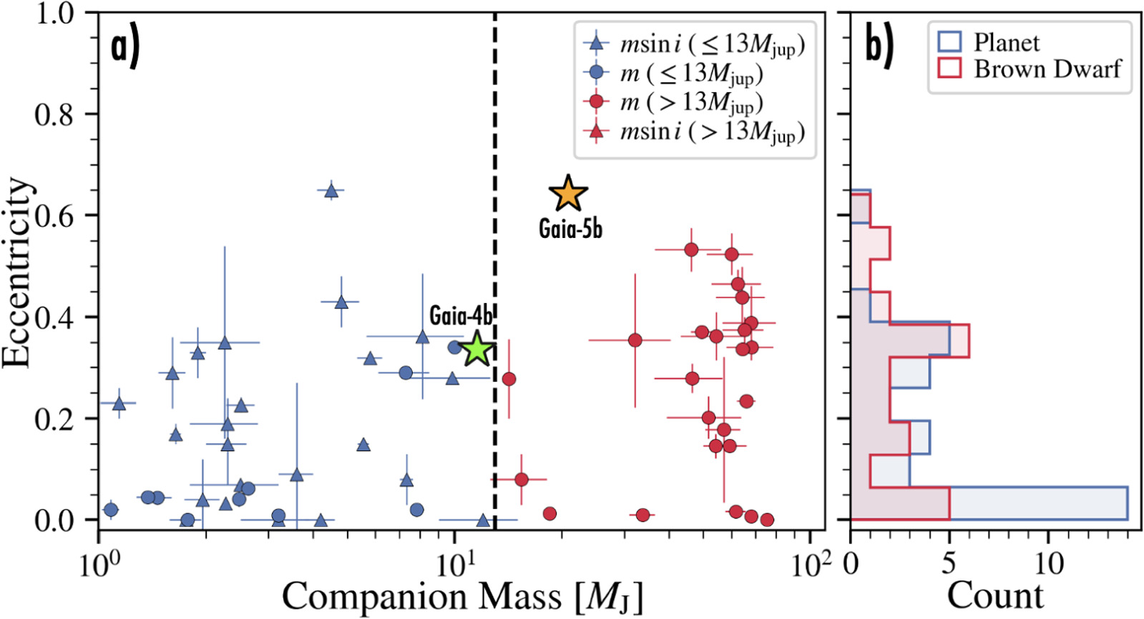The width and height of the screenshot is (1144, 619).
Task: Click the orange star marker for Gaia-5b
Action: coord(568,194)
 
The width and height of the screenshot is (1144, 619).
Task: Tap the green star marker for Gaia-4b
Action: coord(477,350)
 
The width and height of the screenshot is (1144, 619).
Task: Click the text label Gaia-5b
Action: coord(570,229)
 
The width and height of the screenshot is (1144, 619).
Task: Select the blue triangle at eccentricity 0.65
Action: coord(331,191)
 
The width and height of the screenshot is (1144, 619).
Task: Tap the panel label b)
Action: coord(879,46)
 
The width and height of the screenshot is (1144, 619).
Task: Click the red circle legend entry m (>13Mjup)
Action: coord(690,102)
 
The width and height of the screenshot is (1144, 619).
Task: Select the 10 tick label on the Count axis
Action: coord(1049,565)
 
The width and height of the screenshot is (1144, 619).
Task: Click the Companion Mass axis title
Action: coord(461,596)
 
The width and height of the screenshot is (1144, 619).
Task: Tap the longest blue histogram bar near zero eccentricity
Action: coord(1037,503)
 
